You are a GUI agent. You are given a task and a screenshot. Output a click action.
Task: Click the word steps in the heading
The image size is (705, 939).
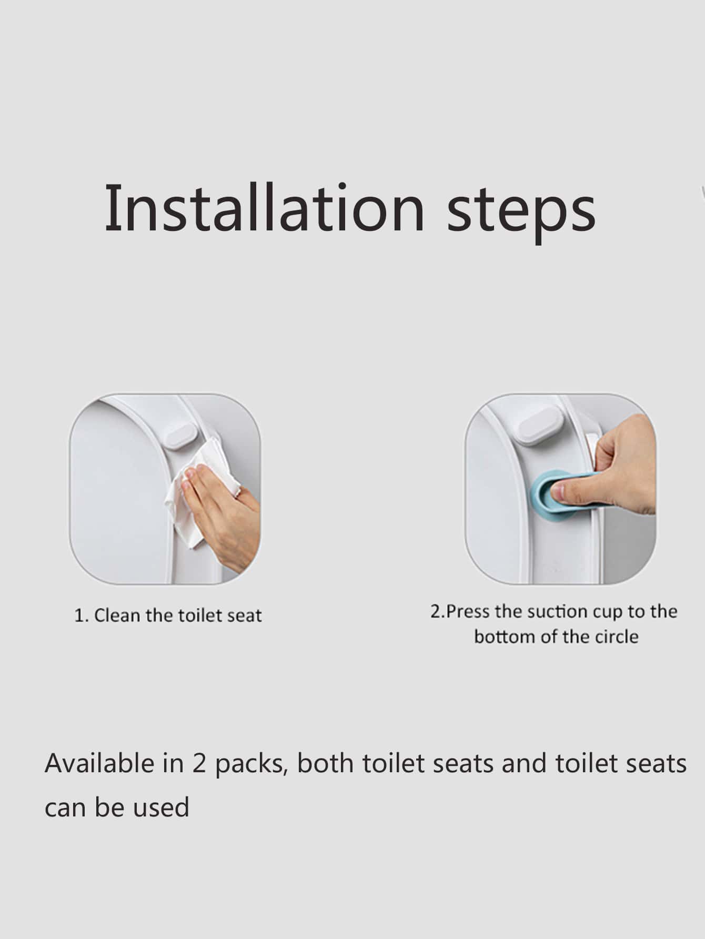point(521,212)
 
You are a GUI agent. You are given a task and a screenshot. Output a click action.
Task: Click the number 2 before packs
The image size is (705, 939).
point(199,764)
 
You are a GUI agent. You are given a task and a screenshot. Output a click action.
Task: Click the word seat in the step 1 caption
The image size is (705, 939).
point(244,615)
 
